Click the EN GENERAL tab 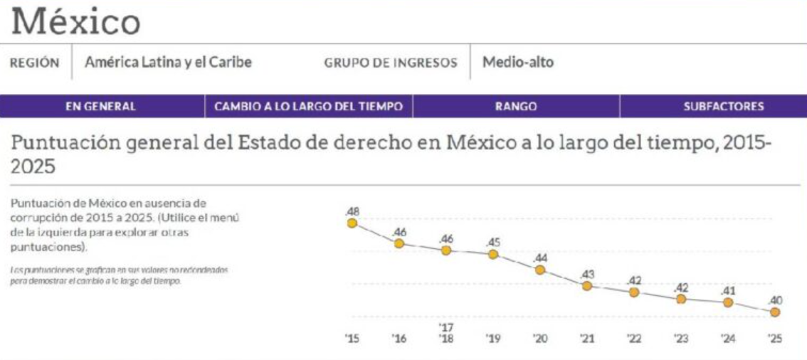[100, 107]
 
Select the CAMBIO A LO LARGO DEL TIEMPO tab [309, 107]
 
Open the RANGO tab [516, 107]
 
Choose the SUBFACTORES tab [724, 107]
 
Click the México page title [76, 21]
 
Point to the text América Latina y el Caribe [168, 63]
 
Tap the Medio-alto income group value [518, 63]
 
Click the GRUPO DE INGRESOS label [391, 63]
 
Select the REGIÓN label [34, 63]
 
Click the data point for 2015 [352, 223]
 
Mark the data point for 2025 [775, 312]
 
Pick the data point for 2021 [587, 285]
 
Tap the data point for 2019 [493, 254]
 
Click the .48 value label [352, 211]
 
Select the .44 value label [540, 258]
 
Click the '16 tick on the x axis [399, 339]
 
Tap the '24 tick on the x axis [728, 339]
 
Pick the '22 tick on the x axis [634, 339]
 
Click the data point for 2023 [681, 299]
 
